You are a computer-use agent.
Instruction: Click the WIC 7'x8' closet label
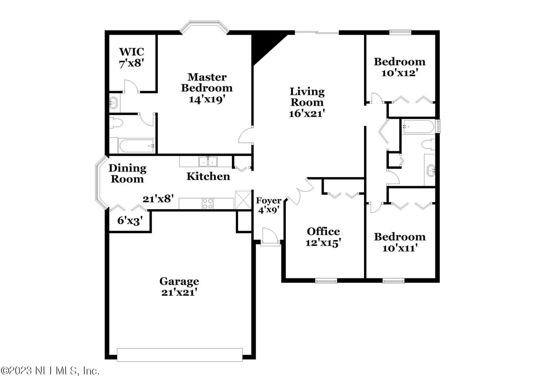pyautogui.click(x=131, y=57)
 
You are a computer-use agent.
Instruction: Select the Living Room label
pyautogui.click(x=307, y=97)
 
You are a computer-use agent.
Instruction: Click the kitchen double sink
pyautogui.click(x=208, y=162)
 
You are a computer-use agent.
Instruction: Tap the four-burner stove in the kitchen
pyautogui.click(x=207, y=203)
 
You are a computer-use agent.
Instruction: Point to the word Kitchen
pyautogui.click(x=208, y=176)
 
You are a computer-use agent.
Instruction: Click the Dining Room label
pyautogui.click(x=127, y=173)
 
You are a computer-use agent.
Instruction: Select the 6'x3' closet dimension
pyautogui.click(x=130, y=220)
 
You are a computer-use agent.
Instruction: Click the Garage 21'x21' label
pyautogui.click(x=179, y=286)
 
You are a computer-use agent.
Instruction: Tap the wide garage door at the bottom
pyautogui.click(x=180, y=355)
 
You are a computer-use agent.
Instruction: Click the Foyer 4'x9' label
pyautogui.click(x=268, y=205)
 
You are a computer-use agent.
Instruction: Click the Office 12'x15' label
pyautogui.click(x=323, y=237)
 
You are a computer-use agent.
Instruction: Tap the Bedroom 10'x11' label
pyautogui.click(x=400, y=242)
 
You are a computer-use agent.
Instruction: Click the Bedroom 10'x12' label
pyautogui.click(x=399, y=67)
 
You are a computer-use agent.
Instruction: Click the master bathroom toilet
pyautogui.click(x=117, y=122)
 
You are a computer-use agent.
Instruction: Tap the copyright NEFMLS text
pyautogui.click(x=50, y=370)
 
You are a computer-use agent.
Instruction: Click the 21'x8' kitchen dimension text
pyautogui.click(x=158, y=199)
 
